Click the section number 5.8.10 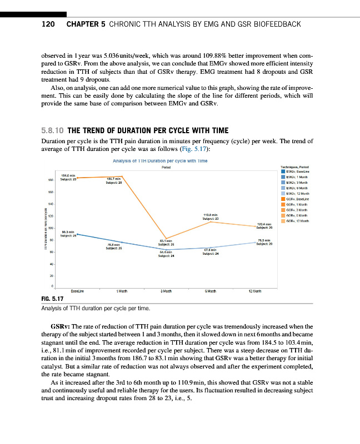click(x=52, y=130)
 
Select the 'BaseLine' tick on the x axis click(x=77, y=291)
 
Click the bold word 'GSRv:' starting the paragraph click(x=61, y=327)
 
